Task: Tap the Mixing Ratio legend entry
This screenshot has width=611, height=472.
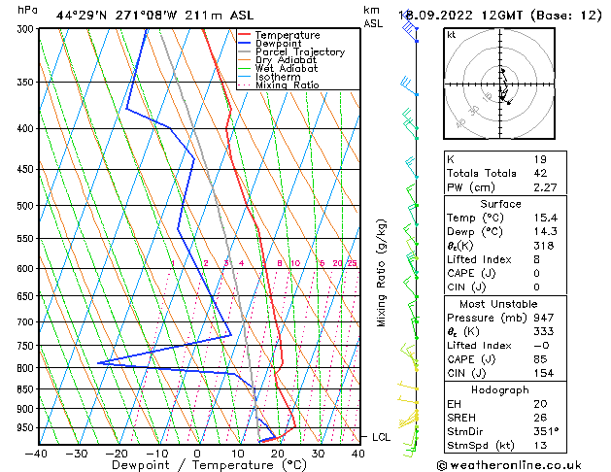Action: [x=288, y=85]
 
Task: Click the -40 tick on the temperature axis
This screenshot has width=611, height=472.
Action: [x=37, y=453]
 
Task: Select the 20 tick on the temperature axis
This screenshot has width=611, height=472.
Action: [x=278, y=453]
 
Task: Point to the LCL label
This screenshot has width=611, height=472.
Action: [x=382, y=437]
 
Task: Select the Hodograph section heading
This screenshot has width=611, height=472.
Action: [x=500, y=389]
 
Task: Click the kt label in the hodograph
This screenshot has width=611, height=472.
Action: [x=451, y=35]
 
